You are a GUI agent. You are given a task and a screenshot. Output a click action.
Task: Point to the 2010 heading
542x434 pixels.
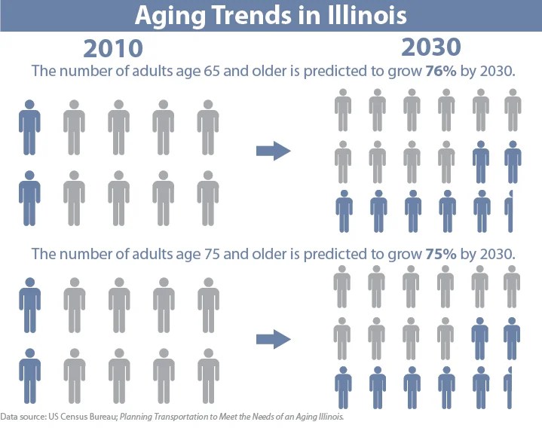pos(113,48)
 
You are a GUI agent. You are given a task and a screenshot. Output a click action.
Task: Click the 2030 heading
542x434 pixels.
pos(430,47)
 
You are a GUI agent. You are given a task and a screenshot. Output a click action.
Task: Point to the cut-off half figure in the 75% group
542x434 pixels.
pos(509,387)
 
